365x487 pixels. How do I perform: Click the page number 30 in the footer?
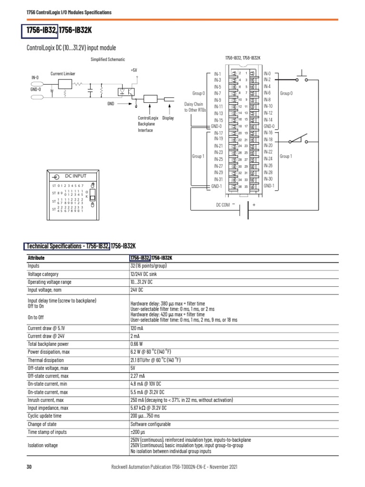pyautogui.click(x=29, y=468)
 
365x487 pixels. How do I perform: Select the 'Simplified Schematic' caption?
pyautogui.click(x=108, y=59)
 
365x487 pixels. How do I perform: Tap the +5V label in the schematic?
pyautogui.click(x=134, y=70)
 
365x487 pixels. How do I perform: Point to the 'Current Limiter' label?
pyautogui.click(x=63, y=74)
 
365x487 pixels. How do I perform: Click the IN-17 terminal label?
pyautogui.click(x=218, y=133)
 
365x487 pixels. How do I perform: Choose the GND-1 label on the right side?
pyautogui.click(x=269, y=185)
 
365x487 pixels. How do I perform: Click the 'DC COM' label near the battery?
pyautogui.click(x=223, y=205)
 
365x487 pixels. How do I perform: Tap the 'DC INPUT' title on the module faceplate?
pyautogui.click(x=76, y=175)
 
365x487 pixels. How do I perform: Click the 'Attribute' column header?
pyautogui.click(x=36, y=258)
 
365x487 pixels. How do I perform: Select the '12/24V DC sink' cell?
pyautogui.click(x=145, y=274)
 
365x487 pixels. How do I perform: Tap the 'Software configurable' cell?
pyautogui.click(x=150, y=424)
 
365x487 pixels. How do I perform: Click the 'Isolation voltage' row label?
pyautogui.click(x=43, y=445)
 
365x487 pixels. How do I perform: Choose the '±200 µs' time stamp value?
pyautogui.click(x=137, y=432)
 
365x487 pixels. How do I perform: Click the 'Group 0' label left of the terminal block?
pyautogui.click(x=199, y=94)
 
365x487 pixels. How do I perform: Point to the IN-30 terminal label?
pyautogui.click(x=269, y=179)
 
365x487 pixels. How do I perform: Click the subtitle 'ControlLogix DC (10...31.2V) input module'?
pyautogui.click(x=72, y=48)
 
